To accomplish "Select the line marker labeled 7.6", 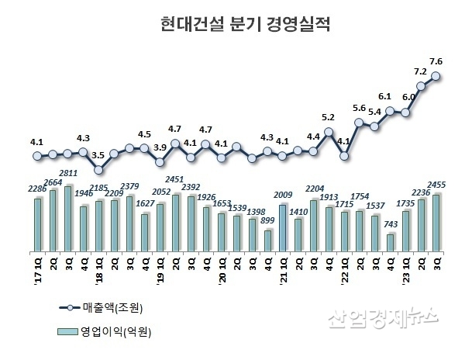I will [436, 76].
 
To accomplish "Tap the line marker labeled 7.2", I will [421, 86].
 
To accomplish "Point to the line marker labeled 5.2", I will [329, 132].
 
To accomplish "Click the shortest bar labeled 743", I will [390, 243].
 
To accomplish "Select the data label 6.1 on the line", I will [385, 97].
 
